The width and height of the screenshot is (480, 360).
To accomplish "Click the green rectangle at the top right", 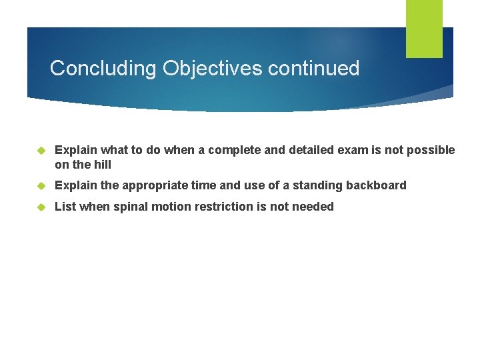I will (424, 29).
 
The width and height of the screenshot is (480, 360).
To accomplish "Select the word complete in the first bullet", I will (237, 151).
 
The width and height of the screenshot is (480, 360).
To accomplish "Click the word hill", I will (102, 165).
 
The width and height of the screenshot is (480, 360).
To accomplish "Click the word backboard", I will (376, 185).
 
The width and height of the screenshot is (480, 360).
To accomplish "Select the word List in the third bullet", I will (65, 207).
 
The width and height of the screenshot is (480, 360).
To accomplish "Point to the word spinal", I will (131, 207).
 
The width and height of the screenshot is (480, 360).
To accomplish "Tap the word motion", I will (171, 207).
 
